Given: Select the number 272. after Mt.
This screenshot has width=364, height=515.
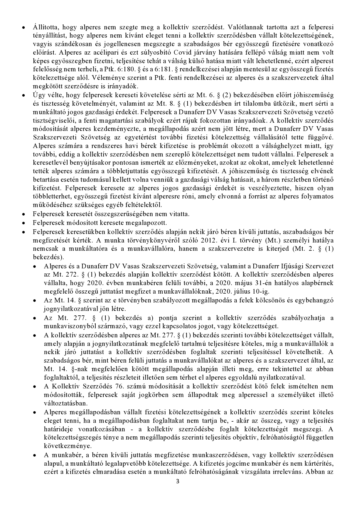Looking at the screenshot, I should (x=72, y=275).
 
